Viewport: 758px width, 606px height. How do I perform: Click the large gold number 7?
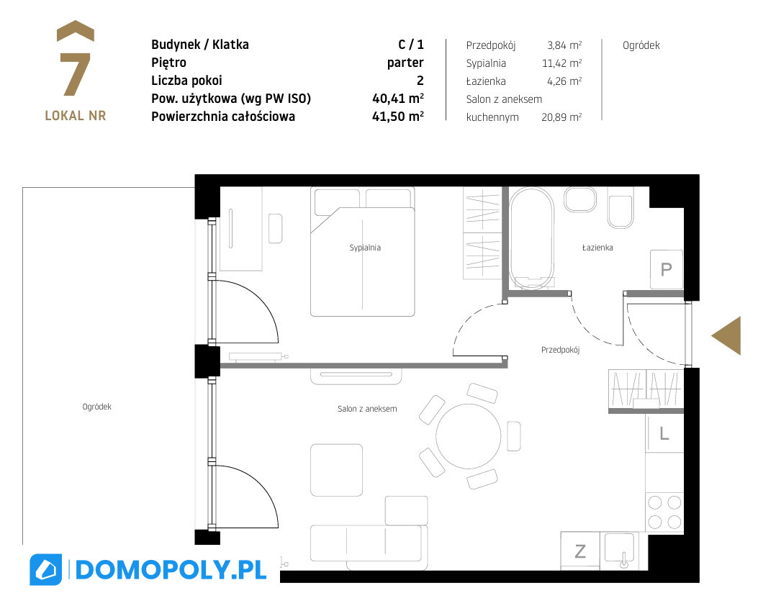(75, 74)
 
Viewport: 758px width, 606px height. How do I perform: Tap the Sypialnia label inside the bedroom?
(365, 248)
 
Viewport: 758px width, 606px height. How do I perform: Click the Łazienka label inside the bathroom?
(597, 248)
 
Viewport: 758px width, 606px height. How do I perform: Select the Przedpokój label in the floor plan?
(560, 350)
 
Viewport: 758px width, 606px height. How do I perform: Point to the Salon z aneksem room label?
(367, 409)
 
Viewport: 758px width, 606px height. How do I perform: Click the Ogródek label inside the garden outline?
(96, 407)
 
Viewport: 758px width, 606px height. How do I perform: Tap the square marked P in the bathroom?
(666, 269)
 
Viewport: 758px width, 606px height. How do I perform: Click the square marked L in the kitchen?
(664, 433)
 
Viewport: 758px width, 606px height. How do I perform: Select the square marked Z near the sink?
(580, 551)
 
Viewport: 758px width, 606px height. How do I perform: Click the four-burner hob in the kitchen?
(664, 512)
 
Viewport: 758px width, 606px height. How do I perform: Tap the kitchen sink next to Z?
(619, 551)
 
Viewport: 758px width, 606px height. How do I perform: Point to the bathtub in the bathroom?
(531, 238)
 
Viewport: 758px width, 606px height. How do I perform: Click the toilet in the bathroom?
(621, 212)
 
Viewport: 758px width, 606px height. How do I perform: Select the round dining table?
(468, 436)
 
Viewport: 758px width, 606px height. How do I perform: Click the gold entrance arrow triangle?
(726, 336)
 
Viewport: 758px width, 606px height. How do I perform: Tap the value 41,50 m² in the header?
(398, 117)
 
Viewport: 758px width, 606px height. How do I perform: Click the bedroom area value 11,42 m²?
(561, 63)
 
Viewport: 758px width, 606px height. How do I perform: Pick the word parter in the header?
(405, 63)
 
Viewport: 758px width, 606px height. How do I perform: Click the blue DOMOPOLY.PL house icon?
(46, 570)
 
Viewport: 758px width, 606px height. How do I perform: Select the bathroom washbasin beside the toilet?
(580, 199)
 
